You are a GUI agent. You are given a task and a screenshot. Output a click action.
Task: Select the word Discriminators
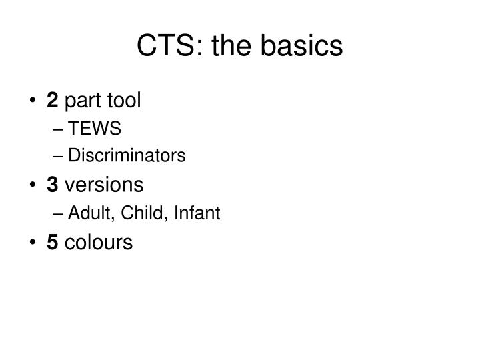pos(127,155)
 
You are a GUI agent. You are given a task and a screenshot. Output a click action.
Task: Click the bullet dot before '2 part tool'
pos(33,101)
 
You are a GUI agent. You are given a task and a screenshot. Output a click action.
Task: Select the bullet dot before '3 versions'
pos(33,185)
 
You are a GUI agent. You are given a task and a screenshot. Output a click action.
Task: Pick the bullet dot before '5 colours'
pos(33,243)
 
